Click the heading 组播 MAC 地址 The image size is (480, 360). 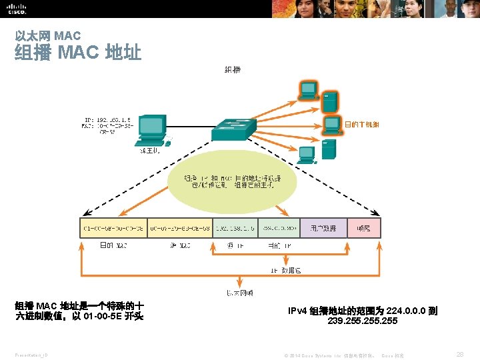coord(78,53)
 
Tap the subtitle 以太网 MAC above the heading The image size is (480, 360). coord(47,35)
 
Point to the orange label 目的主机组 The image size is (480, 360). coord(362,124)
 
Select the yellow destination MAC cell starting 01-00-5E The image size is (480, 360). coord(113,228)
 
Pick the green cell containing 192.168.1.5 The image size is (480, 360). coord(235,228)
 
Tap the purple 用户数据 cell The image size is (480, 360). coord(323,228)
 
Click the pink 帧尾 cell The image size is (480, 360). coord(363,228)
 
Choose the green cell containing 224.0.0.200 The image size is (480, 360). coord(279,228)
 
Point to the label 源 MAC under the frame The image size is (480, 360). coord(179,246)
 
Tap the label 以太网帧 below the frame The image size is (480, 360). coord(239,293)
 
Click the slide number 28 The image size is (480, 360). coord(459,355)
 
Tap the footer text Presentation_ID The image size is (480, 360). coord(33,355)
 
